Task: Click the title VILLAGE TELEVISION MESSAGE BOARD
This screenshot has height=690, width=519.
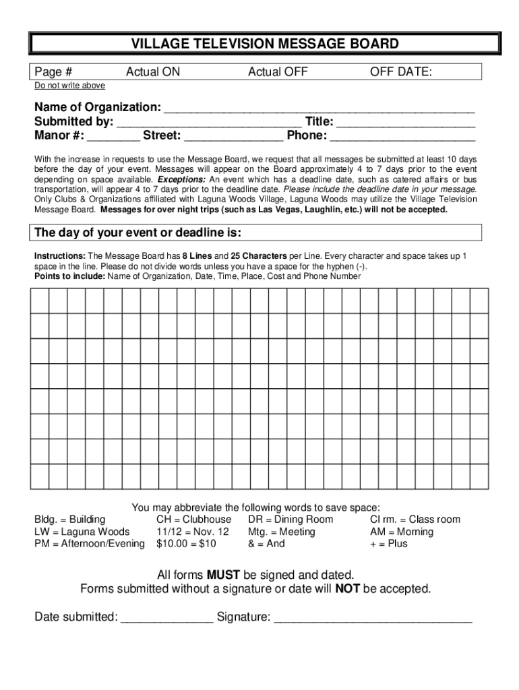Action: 264,44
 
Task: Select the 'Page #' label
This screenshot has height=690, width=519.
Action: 54,72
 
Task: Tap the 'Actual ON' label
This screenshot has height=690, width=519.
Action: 153,72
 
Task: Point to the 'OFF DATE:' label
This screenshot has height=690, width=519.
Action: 401,72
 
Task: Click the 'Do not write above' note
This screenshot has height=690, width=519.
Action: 70,86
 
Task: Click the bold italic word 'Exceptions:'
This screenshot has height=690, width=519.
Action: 181,181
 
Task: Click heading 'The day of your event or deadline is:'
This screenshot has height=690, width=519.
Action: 138,233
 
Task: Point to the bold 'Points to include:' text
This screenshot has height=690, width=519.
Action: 69,276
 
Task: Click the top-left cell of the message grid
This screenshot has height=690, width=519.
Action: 39,301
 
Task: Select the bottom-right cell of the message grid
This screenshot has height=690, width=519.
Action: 479,476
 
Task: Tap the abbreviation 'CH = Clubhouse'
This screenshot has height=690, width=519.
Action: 193,520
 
